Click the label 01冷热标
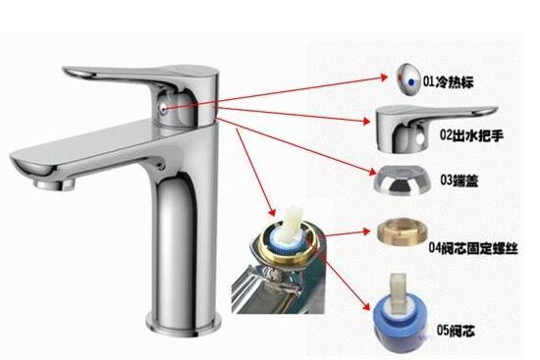click(x=449, y=82)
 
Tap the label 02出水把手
click(x=471, y=135)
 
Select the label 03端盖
click(x=459, y=180)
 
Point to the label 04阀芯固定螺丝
click(x=473, y=248)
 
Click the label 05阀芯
click(x=456, y=331)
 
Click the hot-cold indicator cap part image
click(x=408, y=79)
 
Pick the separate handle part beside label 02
click(x=436, y=129)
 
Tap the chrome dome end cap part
click(x=403, y=180)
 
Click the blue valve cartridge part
click(x=401, y=315)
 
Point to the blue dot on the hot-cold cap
click(x=411, y=82)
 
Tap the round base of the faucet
click(x=184, y=324)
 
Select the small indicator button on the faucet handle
click(x=163, y=109)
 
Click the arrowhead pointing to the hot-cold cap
click(x=384, y=77)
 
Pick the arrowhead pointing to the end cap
click(x=373, y=172)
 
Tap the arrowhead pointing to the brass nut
click(x=366, y=231)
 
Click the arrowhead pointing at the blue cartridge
click(x=367, y=306)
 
